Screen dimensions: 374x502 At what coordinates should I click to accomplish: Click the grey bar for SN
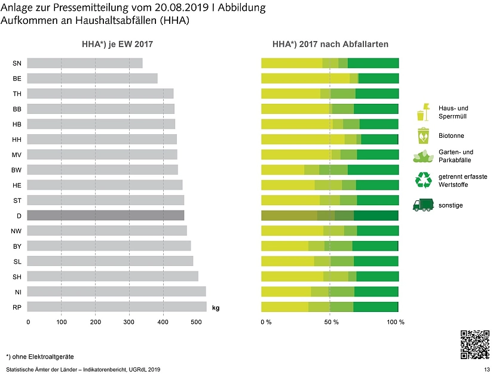click(85, 63)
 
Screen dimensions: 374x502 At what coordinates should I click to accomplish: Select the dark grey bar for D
click(106, 215)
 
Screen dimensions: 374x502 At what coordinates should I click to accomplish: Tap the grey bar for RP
click(117, 307)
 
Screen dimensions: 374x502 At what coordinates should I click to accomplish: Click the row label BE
click(17, 79)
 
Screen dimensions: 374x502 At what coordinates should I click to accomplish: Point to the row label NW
click(17, 231)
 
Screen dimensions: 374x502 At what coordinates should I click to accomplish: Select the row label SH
click(17, 277)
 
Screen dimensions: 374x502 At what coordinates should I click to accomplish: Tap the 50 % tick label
click(331, 322)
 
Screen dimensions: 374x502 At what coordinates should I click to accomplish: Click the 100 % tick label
click(396, 322)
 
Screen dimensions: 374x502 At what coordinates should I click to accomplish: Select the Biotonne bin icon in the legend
click(423, 136)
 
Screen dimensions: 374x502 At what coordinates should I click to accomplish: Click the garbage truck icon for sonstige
click(423, 205)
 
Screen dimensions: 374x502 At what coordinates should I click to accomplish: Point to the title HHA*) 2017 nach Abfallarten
click(330, 45)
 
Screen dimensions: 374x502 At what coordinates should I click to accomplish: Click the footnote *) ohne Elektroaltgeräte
click(40, 357)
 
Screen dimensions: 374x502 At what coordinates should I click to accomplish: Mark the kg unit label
click(216, 308)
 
